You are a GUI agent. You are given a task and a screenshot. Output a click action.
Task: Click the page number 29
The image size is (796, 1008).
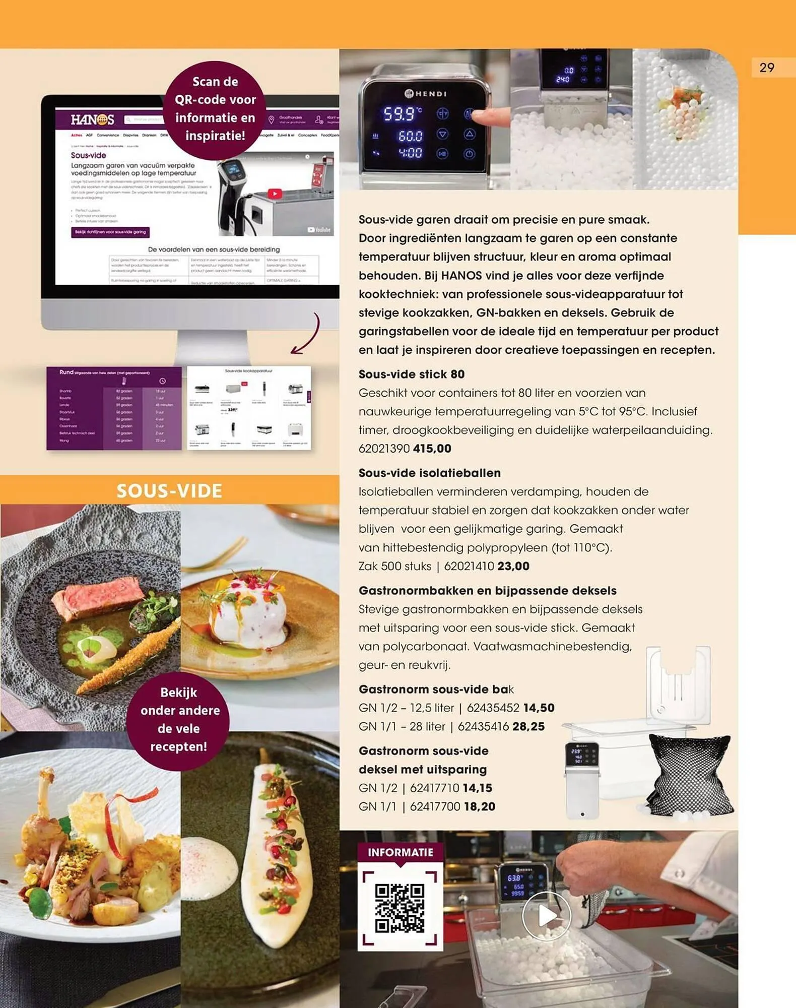766,68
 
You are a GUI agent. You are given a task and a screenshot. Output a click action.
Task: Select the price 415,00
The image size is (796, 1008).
432,449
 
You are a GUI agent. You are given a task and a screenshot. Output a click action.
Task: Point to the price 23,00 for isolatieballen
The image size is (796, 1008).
513,566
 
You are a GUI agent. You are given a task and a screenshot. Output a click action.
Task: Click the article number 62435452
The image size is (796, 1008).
493,708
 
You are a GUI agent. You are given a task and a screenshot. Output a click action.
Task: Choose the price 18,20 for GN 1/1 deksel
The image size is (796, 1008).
479,806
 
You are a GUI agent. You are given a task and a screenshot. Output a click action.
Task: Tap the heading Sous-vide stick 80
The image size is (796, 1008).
411,374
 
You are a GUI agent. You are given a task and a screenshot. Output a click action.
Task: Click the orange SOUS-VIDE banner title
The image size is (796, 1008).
169,490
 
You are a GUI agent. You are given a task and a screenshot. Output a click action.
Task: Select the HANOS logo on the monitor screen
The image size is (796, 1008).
92,120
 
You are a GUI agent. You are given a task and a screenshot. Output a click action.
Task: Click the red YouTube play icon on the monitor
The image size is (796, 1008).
275,194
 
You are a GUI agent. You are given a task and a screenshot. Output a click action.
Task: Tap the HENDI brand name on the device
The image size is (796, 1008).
426,94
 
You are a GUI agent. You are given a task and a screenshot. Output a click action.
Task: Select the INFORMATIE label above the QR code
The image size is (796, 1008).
400,852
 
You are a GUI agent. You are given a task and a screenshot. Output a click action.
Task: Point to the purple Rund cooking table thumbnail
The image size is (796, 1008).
114,408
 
